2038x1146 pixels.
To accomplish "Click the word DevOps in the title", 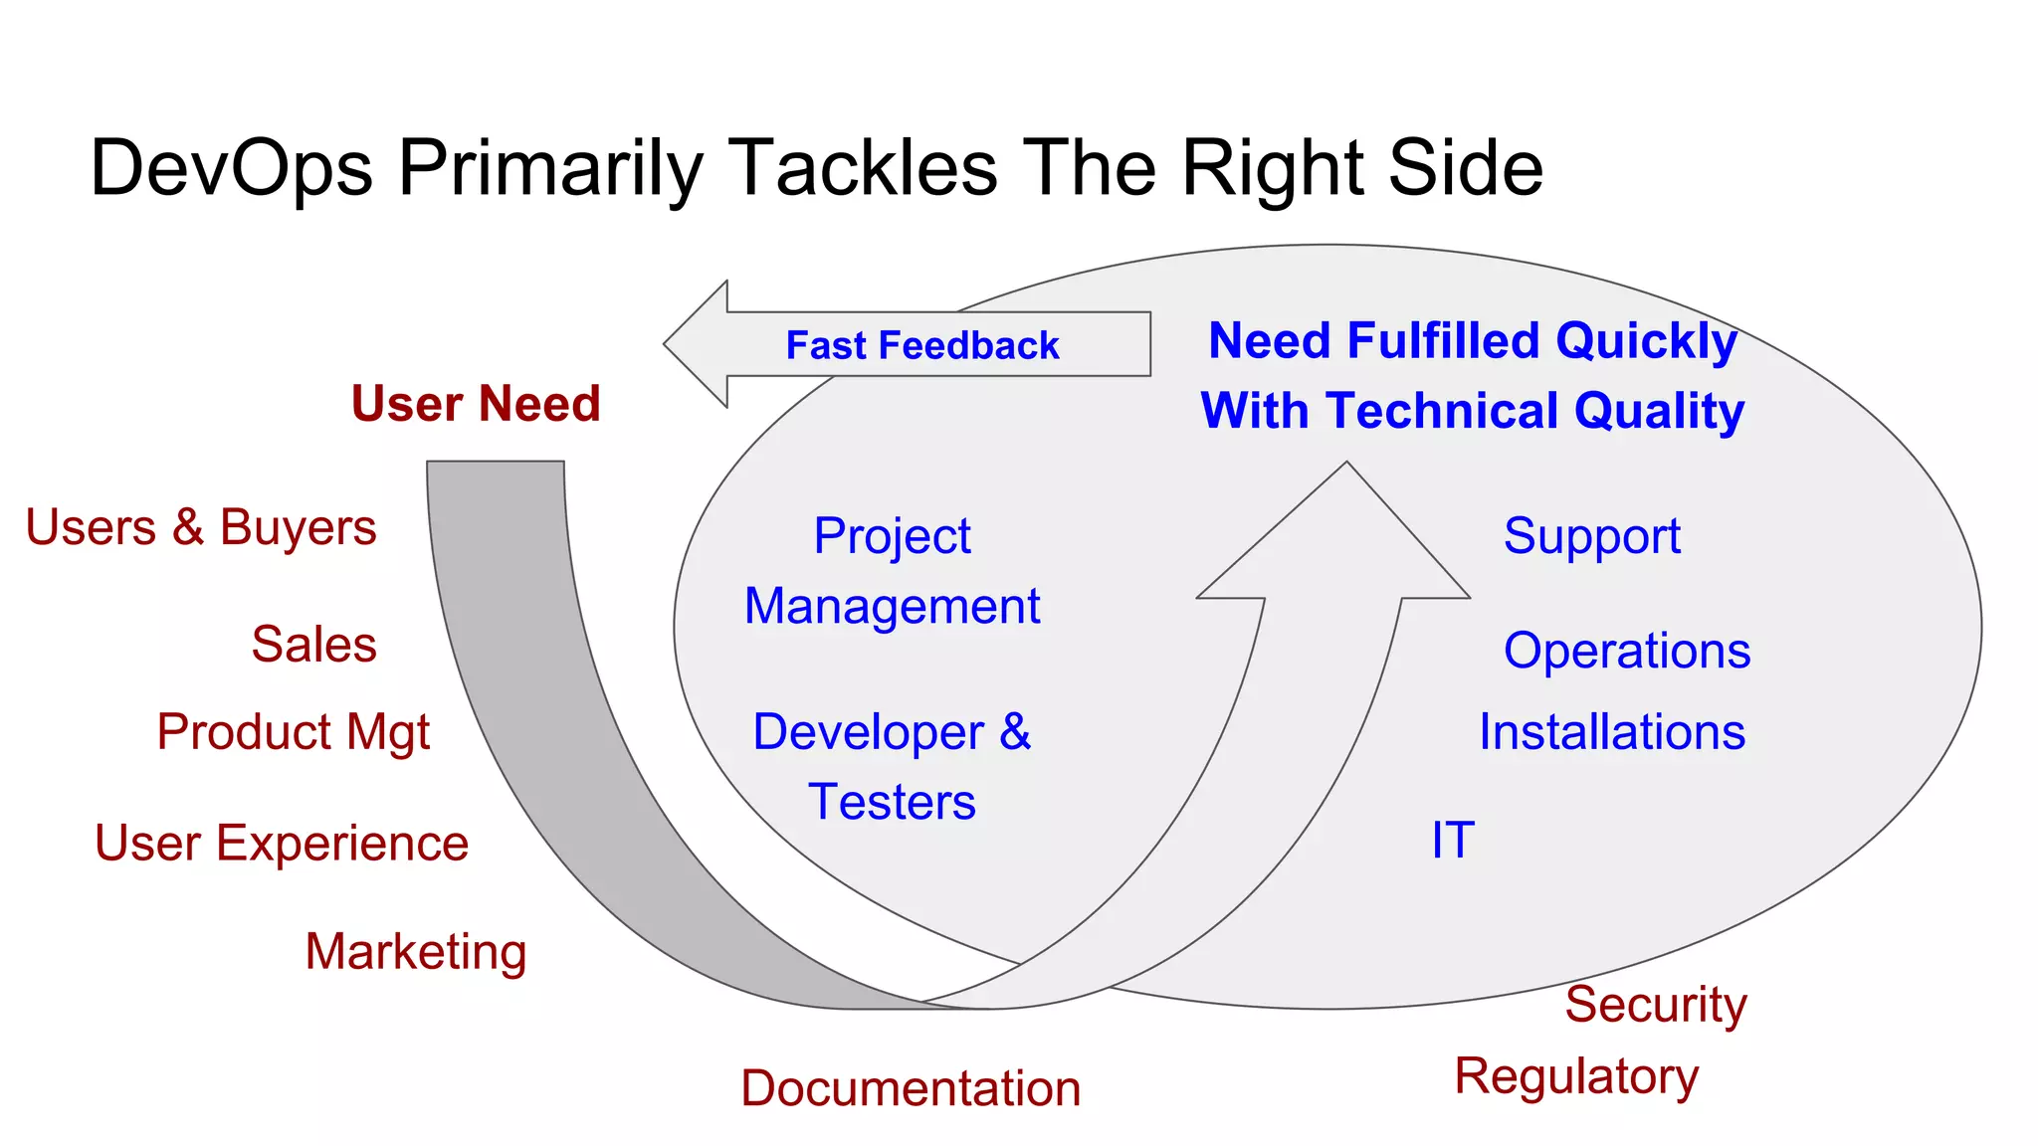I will [231, 168].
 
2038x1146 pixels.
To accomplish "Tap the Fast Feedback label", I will [921, 346].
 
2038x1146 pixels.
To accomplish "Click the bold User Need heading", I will [476, 404].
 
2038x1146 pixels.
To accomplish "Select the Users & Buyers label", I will [200, 527].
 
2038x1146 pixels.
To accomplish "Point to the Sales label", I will [313, 644].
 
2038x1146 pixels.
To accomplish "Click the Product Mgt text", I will [293, 732].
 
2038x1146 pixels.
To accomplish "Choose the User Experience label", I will [281, 844].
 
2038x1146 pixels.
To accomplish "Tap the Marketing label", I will [415, 952].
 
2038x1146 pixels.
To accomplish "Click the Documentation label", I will [910, 1088].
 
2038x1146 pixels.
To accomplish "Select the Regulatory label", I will [1576, 1077].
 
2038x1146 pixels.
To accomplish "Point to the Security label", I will [1655, 1005].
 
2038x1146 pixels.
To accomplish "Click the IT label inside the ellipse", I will [1452, 841].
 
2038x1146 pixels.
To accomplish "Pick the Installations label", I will [1611, 732].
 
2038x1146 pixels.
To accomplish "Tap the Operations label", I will [1626, 652].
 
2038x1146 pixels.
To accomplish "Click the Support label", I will [1591, 537].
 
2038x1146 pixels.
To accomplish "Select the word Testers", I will [892, 803].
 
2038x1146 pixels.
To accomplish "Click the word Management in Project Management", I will [892, 607].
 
